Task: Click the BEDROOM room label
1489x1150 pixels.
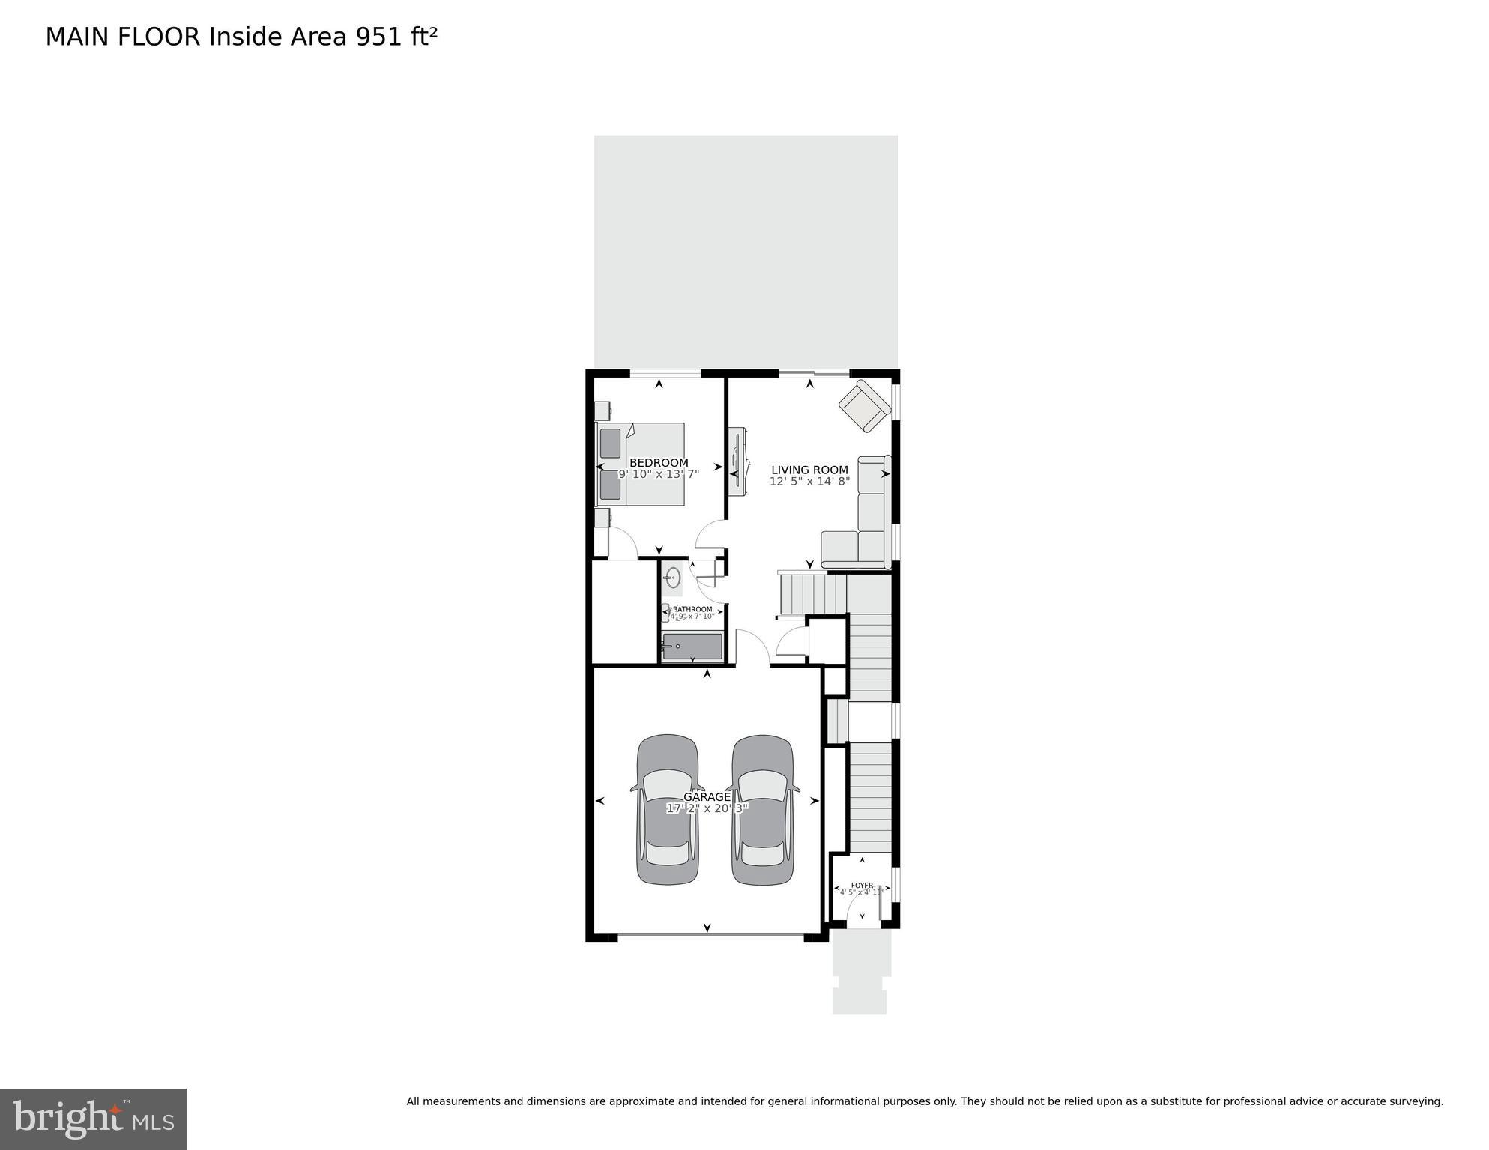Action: point(659,463)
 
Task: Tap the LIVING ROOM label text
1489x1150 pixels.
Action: point(809,470)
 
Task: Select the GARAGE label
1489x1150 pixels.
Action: point(707,797)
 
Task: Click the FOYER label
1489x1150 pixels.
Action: point(862,885)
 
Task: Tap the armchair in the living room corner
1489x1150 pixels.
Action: point(864,406)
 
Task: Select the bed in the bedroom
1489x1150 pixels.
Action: point(641,464)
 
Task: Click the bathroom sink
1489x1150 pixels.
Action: point(673,578)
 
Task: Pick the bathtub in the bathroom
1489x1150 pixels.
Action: point(692,647)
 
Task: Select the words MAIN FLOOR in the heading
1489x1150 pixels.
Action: point(123,37)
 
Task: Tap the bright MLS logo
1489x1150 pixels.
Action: point(93,1119)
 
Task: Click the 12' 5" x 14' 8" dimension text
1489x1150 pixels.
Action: point(809,482)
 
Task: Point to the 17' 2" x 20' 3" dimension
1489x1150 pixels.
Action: point(707,808)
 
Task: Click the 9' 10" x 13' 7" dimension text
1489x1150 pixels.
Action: point(659,474)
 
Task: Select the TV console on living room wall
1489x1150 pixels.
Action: point(737,461)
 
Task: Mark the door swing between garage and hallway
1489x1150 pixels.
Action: point(752,646)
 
